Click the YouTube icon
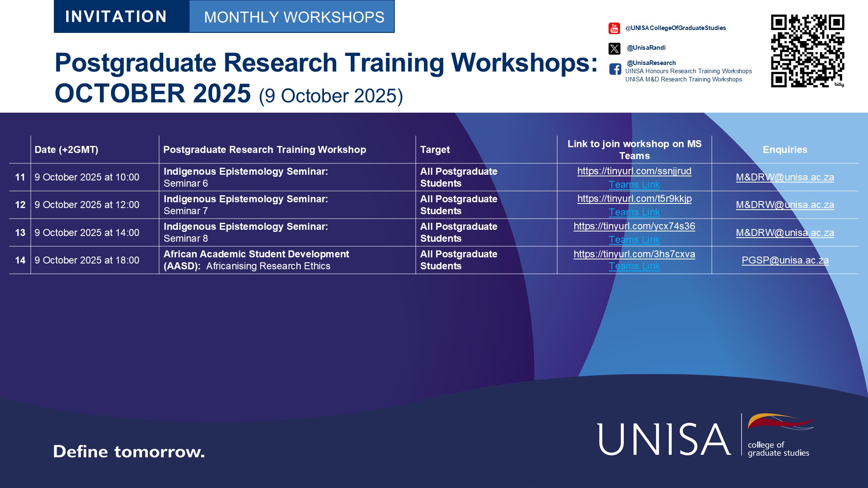(614, 28)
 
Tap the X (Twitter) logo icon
(614, 49)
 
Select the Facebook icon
(615, 69)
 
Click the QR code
(808, 51)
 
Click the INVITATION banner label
(116, 16)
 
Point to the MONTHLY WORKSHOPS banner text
(294, 17)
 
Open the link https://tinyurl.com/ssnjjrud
(634, 171)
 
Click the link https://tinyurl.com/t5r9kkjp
(634, 199)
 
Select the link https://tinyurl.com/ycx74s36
(634, 226)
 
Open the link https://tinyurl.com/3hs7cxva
(634, 254)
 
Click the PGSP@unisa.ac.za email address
(785, 260)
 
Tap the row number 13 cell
(20, 233)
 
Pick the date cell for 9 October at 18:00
(87, 260)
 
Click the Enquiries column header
(785, 150)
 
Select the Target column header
(435, 150)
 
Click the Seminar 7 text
(186, 211)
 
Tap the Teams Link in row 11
(634, 185)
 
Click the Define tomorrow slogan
(129, 451)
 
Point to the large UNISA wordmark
(664, 439)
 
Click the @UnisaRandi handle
(646, 48)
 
